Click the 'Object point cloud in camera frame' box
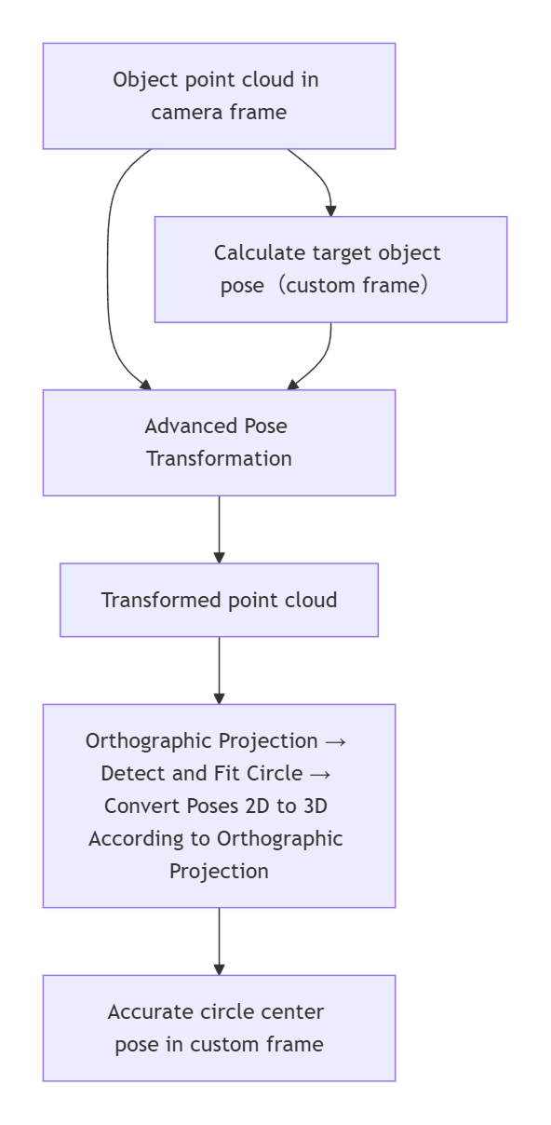click(219, 95)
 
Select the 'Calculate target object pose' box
click(330, 269)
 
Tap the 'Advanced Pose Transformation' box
click(219, 442)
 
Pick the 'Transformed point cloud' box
click(219, 600)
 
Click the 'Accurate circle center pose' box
click(219, 1027)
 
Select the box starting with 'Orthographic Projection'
click(219, 806)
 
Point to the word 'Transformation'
click(219, 459)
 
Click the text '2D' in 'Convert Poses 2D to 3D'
click(249, 806)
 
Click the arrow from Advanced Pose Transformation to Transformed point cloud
click(219, 529)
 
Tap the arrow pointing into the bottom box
click(219, 941)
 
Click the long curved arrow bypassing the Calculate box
click(108, 270)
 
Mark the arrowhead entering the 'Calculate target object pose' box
click(330, 210)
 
